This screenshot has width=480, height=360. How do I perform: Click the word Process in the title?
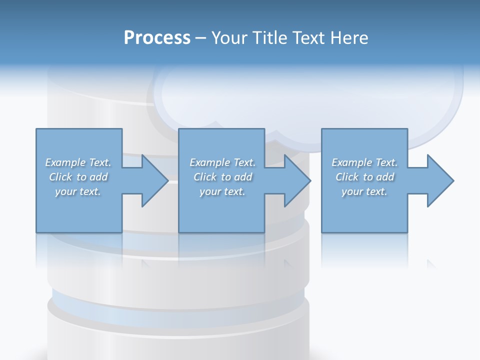[x=157, y=38]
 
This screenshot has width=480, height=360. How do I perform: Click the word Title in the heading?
[x=269, y=38]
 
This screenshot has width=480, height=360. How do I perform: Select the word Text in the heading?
[x=308, y=38]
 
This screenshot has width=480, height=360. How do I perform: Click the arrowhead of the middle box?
[x=296, y=180]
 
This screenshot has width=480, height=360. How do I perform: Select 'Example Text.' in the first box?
[x=78, y=162]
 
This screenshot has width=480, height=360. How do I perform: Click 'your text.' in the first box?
[x=78, y=191]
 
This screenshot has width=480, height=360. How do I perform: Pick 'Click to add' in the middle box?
[x=222, y=177]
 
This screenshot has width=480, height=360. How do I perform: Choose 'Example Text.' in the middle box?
[x=222, y=162]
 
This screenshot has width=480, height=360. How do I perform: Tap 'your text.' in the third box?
[x=364, y=191]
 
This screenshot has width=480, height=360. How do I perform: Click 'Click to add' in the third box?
[x=364, y=177]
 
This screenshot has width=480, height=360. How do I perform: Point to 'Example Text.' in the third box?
[x=364, y=162]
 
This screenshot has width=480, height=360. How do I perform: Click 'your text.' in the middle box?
[x=222, y=191]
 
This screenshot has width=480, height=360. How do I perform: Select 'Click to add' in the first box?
[x=78, y=177]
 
